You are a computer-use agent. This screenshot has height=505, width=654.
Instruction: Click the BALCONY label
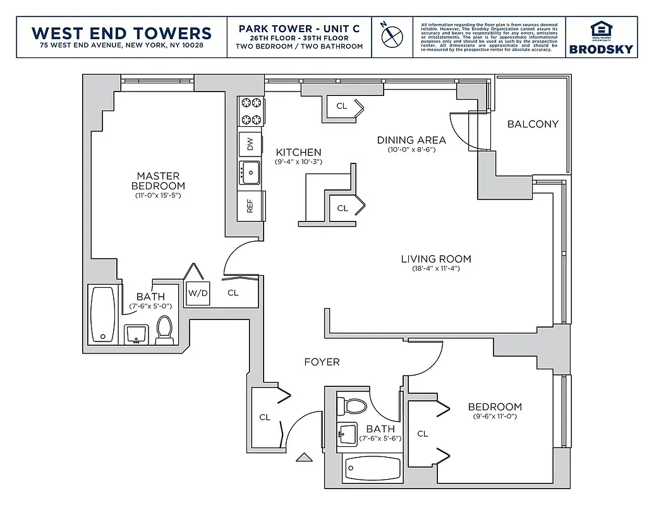(x=533, y=124)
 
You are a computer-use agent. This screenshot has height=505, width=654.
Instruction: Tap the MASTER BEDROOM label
(x=158, y=181)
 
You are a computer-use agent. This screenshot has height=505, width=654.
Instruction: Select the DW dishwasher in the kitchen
(x=250, y=145)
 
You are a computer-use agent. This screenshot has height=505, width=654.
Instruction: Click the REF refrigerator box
(x=250, y=206)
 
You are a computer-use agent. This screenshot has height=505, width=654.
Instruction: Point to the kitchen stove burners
(x=250, y=110)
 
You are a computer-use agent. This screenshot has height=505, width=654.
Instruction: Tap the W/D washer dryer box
(x=197, y=293)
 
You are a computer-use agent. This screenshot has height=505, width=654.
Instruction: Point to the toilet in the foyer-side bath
(x=354, y=407)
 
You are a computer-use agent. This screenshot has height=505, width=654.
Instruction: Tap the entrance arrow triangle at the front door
(x=304, y=457)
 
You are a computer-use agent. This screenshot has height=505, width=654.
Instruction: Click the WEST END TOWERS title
(x=121, y=32)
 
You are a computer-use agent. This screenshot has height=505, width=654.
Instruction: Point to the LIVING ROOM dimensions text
(x=436, y=269)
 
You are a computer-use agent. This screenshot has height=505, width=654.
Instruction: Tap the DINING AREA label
(x=411, y=140)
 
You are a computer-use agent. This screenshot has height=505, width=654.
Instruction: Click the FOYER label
(x=322, y=362)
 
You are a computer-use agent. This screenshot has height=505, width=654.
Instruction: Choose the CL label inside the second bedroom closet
(x=422, y=434)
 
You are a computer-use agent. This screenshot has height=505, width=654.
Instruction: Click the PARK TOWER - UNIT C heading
(x=300, y=29)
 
